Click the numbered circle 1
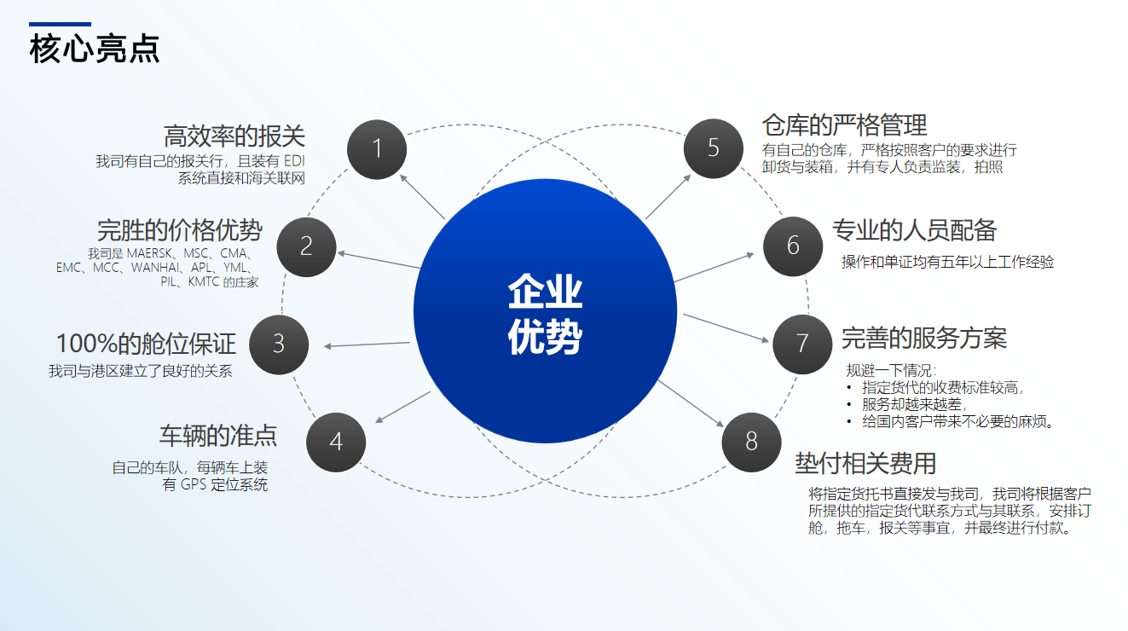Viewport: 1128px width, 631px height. point(377,149)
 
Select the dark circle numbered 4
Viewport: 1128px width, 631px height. point(336,442)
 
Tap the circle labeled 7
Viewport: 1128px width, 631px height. point(801,344)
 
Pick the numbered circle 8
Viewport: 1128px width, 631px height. point(751,441)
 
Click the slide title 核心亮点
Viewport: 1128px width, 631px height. point(95,48)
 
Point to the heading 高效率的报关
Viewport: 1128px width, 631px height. point(234,136)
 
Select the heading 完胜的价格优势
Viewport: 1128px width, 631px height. point(179,230)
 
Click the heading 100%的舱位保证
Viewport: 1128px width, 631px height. point(145,344)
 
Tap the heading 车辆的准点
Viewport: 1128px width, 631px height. point(217,436)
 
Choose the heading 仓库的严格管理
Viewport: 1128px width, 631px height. point(844,126)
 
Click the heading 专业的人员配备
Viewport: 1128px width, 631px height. point(914,230)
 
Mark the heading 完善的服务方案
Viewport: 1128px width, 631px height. point(923,339)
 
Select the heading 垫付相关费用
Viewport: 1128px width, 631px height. point(865,463)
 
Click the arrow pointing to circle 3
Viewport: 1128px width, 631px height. point(367,344)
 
